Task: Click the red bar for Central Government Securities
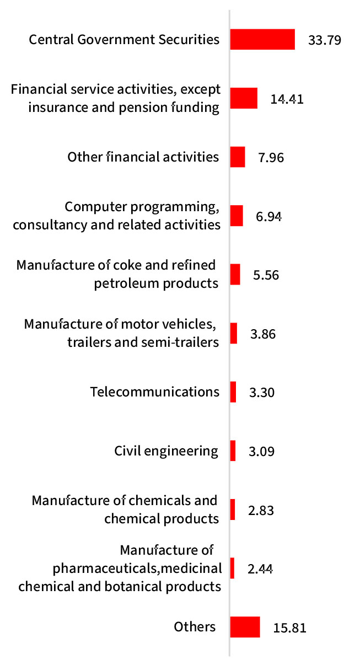pyautogui.click(x=262, y=39)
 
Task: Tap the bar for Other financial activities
pyautogui.click(x=238, y=157)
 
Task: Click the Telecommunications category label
pyautogui.click(x=155, y=392)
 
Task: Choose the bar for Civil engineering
pyautogui.click(x=233, y=451)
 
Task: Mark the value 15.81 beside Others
pyautogui.click(x=289, y=628)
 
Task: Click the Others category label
pyautogui.click(x=195, y=627)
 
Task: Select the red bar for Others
pyautogui.click(x=245, y=627)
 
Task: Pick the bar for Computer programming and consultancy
pyautogui.click(x=237, y=216)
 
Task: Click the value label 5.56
pyautogui.click(x=266, y=275)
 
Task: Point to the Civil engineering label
pyautogui.click(x=166, y=451)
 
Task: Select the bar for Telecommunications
pyautogui.click(x=233, y=392)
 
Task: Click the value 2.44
pyautogui.click(x=260, y=569)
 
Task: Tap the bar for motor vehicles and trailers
pyautogui.click(x=234, y=333)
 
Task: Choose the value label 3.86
pyautogui.click(x=262, y=334)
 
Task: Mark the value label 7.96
pyautogui.click(x=271, y=157)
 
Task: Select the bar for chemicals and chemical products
pyautogui.click(x=233, y=510)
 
